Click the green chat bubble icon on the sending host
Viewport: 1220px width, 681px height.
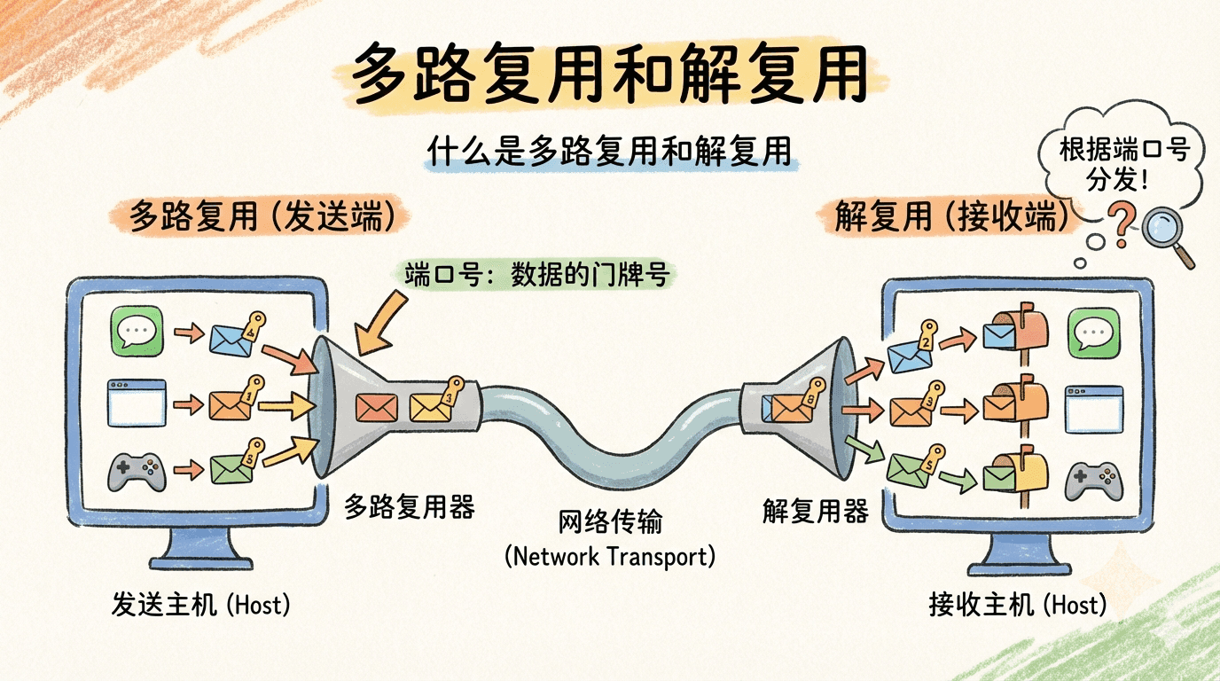(x=137, y=332)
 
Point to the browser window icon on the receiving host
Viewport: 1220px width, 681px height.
(x=1093, y=409)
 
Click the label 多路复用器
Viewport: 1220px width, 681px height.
(x=410, y=506)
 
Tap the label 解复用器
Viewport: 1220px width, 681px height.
(x=815, y=510)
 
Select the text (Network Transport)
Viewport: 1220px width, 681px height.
(x=610, y=556)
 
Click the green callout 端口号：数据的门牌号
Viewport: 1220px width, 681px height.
(x=536, y=275)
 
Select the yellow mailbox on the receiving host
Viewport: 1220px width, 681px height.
(x=1017, y=470)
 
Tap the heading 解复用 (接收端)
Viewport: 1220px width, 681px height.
(x=951, y=215)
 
